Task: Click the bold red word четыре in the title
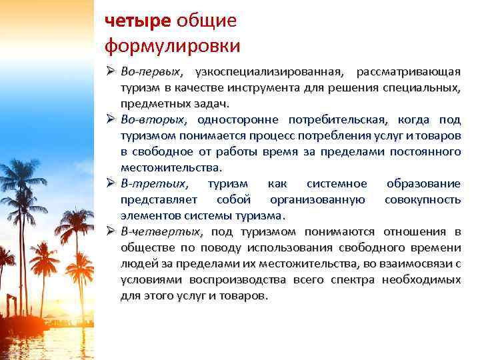[x=138, y=21]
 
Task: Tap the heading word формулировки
[x=172, y=47]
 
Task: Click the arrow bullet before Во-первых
[x=110, y=71]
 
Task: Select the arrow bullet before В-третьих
[x=110, y=183]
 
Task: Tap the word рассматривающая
[x=408, y=71]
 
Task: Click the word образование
[x=423, y=183]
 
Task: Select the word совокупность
[x=423, y=199]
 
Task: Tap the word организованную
[x=317, y=199]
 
